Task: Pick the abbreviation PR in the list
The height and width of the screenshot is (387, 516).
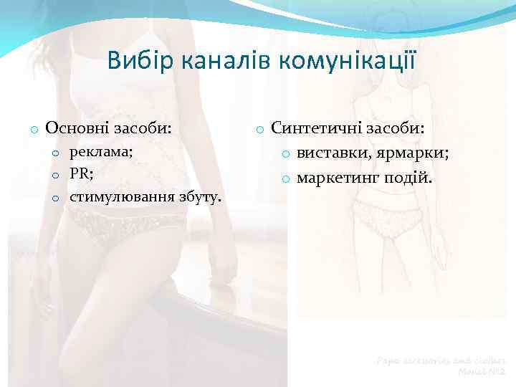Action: [79, 173]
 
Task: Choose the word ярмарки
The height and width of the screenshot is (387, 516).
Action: [419, 153]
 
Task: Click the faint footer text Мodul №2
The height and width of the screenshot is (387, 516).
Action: [482, 372]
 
